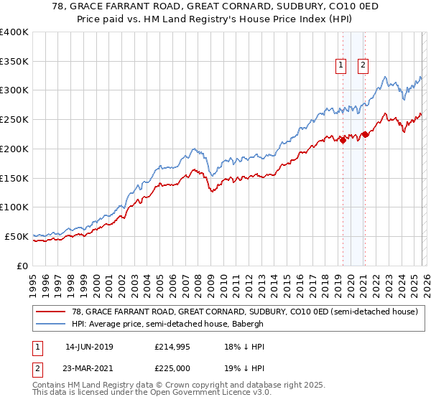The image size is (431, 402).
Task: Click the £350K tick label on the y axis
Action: click(x=14, y=62)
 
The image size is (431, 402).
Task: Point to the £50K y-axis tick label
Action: click(x=17, y=236)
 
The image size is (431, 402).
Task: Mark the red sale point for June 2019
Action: click(x=343, y=140)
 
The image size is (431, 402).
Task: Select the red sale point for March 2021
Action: click(x=365, y=134)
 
